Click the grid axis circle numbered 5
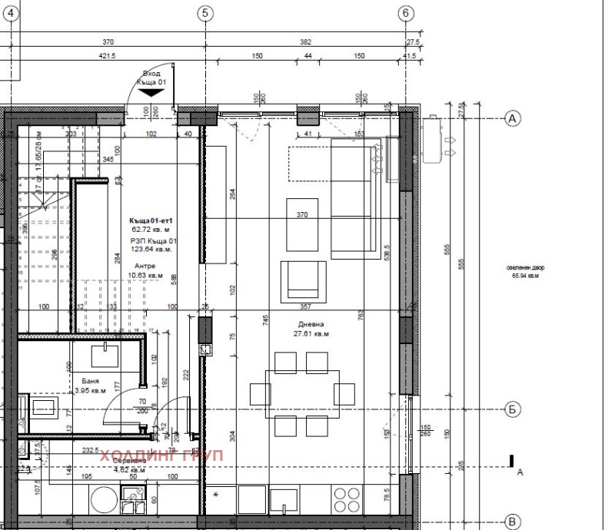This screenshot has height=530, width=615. click(x=204, y=13)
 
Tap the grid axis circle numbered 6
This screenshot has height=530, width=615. click(x=407, y=13)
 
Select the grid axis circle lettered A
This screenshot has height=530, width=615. click(x=512, y=118)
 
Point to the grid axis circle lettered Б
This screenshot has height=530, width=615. click(x=512, y=409)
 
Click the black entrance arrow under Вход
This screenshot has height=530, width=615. click(x=151, y=91)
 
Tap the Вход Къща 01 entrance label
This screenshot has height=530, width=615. click(x=151, y=77)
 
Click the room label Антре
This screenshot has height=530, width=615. click(x=145, y=266)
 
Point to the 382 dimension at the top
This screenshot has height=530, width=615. click(x=305, y=42)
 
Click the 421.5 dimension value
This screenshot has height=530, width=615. click(x=107, y=56)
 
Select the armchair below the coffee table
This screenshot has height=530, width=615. click(x=301, y=280)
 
